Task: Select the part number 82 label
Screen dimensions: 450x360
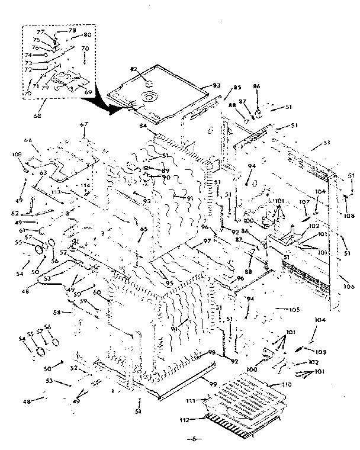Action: (134, 69)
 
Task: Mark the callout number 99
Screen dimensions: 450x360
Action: (213, 384)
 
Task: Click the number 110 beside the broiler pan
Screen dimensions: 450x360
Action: (288, 385)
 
